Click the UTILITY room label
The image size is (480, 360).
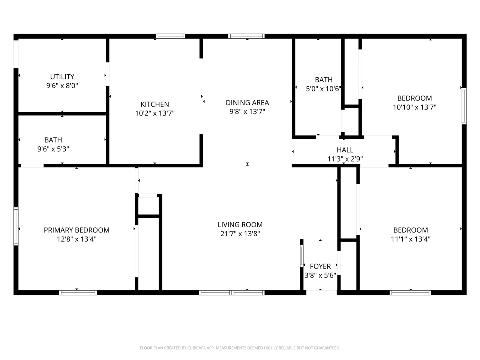(62, 77)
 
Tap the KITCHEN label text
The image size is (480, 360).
(154, 104)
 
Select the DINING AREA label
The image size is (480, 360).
(247, 102)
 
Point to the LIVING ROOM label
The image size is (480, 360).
(240, 225)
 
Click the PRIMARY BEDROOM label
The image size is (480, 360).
(76, 230)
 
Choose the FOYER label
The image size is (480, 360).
(320, 266)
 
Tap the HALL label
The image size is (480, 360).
(345, 150)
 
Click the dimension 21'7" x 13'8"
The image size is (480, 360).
(240, 234)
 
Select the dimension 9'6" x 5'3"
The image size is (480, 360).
(53, 149)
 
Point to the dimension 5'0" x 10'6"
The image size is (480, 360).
(323, 88)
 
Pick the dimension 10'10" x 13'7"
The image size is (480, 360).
(414, 107)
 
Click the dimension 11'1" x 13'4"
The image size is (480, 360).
(411, 239)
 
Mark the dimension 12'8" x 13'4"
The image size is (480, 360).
(76, 239)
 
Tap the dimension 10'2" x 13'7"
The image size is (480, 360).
(154, 113)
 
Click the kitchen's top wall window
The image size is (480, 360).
(170, 36)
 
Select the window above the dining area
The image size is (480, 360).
(246, 36)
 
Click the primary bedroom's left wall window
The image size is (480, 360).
(16, 226)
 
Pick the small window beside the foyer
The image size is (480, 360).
(302, 255)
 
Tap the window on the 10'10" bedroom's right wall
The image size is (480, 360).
(464, 106)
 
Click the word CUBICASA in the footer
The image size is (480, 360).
(196, 348)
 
